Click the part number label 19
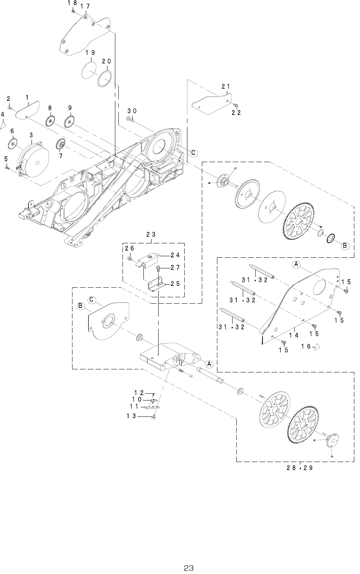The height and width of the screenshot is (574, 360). (90, 53)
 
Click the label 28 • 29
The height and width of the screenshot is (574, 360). (300, 468)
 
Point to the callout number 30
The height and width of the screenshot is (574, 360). (132, 111)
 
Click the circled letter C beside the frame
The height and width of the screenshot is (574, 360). (193, 153)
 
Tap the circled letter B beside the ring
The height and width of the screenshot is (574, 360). (345, 246)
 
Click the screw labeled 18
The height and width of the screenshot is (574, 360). (72, 11)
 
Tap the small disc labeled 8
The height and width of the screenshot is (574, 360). (50, 121)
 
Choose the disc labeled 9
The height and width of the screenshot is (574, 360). (69, 121)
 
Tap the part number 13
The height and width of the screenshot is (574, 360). (131, 416)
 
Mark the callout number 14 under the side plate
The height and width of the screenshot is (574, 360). (294, 335)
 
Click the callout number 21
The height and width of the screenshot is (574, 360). (226, 87)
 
